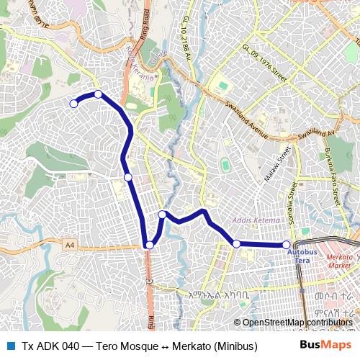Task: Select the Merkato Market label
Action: (x=339, y=261)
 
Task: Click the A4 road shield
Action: (x=69, y=246)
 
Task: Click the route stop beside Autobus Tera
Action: (x=287, y=245)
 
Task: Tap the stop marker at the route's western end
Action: (x=73, y=104)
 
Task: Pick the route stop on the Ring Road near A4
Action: (x=149, y=246)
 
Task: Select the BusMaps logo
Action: (x=325, y=346)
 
